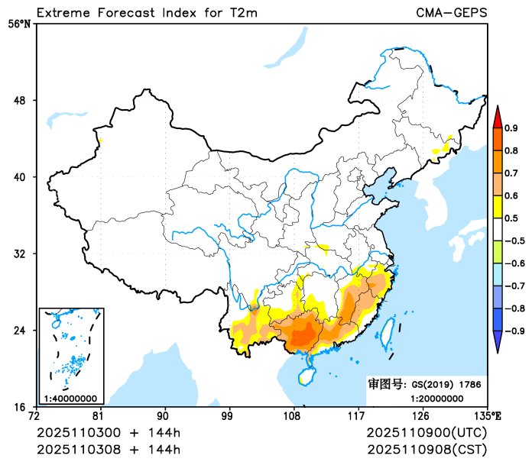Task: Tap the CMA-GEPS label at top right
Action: [x=451, y=12]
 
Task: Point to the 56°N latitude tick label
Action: [x=20, y=24]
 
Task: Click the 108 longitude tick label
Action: [x=293, y=416]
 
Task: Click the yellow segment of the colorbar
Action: [x=497, y=206]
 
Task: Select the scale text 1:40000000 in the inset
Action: [x=70, y=398]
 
